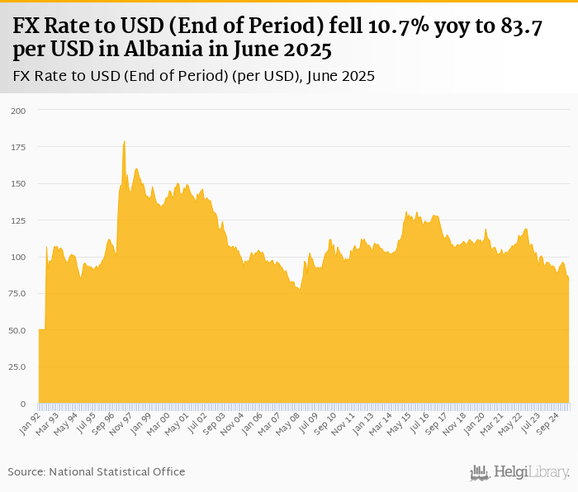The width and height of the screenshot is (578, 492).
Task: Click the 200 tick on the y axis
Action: (18, 110)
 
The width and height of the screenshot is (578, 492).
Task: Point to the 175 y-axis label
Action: (18, 147)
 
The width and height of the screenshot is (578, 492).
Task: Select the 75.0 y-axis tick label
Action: (17, 294)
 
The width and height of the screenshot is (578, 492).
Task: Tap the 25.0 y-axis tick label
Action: (17, 367)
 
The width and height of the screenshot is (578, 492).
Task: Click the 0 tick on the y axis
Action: (23, 404)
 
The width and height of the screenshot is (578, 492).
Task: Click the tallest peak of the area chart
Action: (124, 142)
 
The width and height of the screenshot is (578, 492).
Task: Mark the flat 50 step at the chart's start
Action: (41, 330)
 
